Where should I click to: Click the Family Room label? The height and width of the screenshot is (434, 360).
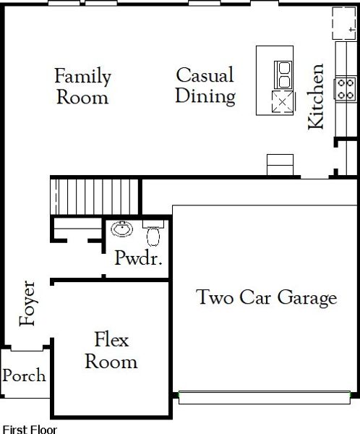(83, 86)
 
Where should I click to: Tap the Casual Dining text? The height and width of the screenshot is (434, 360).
(205, 85)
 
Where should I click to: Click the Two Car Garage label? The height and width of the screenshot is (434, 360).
(267, 297)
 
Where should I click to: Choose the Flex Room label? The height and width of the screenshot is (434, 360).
(111, 349)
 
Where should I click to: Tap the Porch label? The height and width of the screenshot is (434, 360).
(24, 375)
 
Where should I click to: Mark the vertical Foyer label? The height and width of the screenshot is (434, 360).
(27, 302)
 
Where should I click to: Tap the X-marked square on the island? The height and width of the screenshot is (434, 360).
(280, 101)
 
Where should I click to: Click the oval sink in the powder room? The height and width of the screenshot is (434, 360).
(122, 231)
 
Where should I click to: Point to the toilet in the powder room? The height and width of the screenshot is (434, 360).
(153, 234)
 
